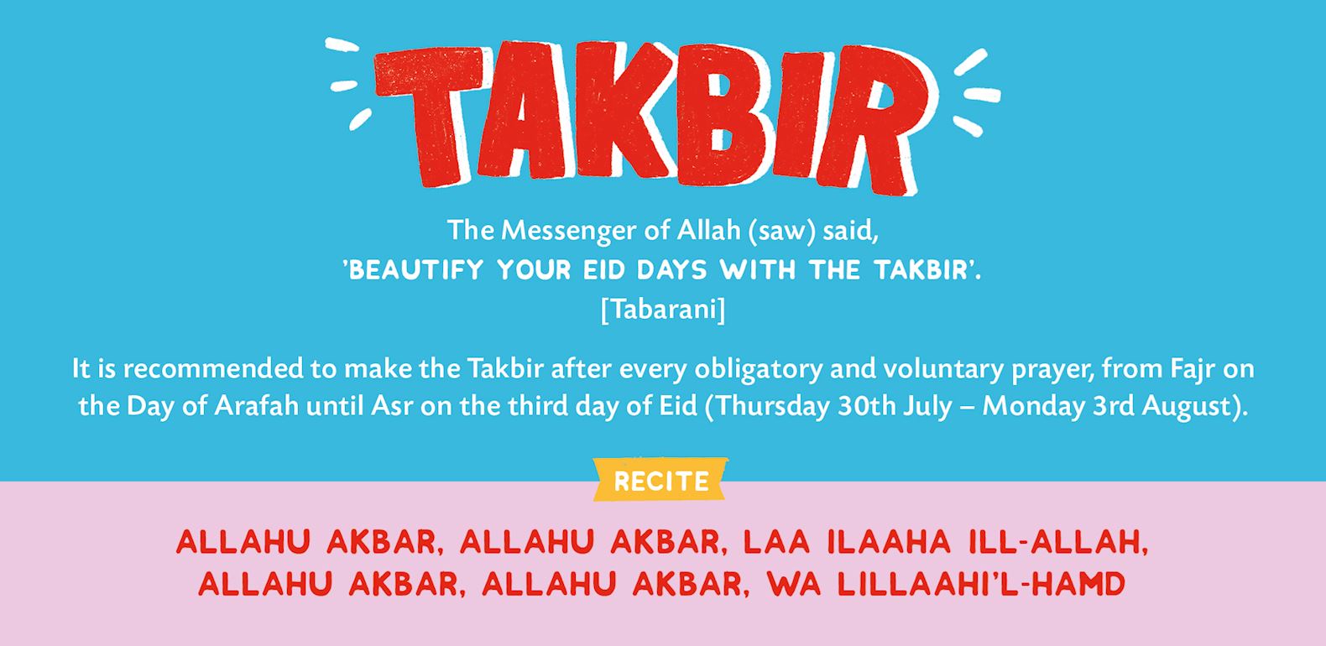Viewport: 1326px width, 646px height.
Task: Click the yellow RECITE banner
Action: (x=660, y=480)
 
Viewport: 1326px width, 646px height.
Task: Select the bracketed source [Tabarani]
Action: (x=662, y=309)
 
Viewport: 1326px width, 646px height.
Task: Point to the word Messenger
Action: (x=568, y=231)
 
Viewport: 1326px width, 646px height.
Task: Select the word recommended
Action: (x=213, y=368)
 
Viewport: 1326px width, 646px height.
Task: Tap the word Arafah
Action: (x=256, y=406)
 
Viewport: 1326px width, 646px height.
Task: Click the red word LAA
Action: (x=776, y=542)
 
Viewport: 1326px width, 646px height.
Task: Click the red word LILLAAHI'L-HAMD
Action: (x=981, y=584)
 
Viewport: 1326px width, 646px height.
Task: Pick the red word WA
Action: (x=794, y=584)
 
